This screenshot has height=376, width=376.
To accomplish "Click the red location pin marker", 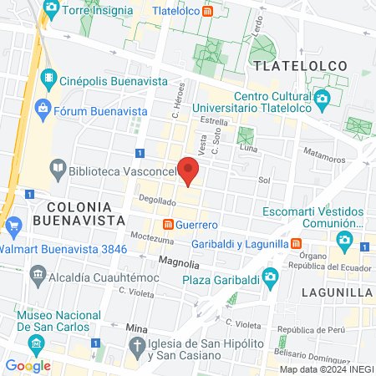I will tap(190, 172).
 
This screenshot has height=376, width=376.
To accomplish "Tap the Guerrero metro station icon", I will tap(168, 225).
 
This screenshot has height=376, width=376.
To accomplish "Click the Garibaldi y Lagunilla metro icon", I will tap(296, 242).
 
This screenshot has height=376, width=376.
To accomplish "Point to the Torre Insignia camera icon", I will tap(51, 8).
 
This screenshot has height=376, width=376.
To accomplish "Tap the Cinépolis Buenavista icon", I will tap(50, 81).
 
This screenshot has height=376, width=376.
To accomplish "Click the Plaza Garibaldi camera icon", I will tap(270, 277).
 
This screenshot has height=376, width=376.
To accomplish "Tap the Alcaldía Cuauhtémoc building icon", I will tap(37, 274).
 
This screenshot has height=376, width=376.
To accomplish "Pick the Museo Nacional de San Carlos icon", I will tap(35, 344).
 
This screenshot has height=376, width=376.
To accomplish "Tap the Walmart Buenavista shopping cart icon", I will tap(12, 226).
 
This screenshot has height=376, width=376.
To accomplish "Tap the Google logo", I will tap(28, 365).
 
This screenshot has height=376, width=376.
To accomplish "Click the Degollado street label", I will tap(134, 201).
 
